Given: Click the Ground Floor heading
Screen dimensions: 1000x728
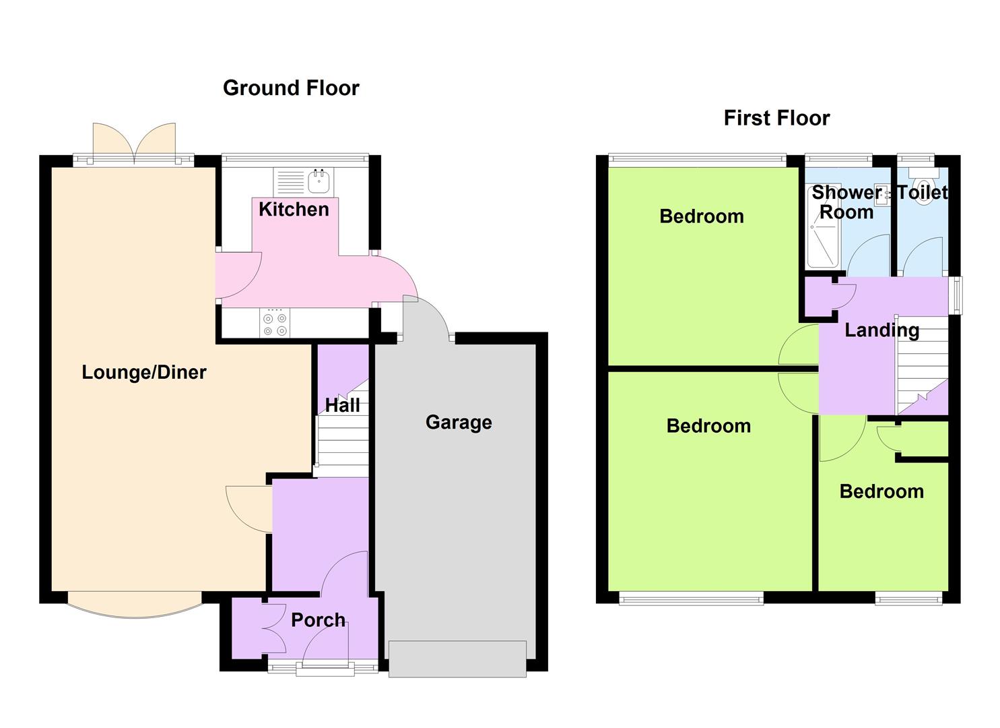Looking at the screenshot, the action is tap(291, 88).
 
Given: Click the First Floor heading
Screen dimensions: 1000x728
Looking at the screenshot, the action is tap(777, 119).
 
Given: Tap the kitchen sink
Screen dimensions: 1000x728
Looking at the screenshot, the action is tap(319, 181).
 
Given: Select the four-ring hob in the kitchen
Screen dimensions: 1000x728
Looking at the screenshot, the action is tap(275, 323).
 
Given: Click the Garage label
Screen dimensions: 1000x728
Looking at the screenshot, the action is tap(459, 423).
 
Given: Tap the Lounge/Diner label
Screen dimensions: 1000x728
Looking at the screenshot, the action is tap(143, 372).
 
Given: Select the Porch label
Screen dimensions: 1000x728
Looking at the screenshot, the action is tap(319, 620).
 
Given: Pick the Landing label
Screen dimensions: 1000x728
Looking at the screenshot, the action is tap(882, 330).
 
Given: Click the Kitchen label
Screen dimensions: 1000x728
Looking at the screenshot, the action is tap(294, 209).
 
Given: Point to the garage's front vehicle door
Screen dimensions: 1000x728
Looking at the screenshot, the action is tap(457, 659).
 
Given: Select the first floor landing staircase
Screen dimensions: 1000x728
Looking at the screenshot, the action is tap(921, 365).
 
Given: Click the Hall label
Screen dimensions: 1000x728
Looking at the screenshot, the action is tap(342, 405).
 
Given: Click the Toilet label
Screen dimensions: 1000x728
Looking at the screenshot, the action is tap(923, 193).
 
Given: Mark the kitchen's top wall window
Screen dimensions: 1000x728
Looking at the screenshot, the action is tap(295, 158).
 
